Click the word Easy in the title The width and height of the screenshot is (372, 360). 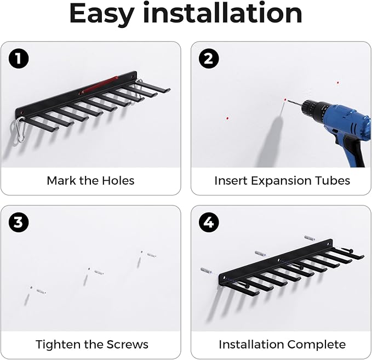pos(102,14)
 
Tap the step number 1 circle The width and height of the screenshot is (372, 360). pos(19,59)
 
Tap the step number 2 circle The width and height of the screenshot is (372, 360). pos(209,59)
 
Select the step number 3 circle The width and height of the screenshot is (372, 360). pos(19,222)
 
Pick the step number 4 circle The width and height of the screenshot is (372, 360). pos(209,222)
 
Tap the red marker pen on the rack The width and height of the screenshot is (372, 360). pos(99,85)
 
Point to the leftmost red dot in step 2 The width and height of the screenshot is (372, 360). pos(227,118)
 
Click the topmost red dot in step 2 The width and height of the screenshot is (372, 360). pos(338,83)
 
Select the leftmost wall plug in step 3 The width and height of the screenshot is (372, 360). pos(41,292)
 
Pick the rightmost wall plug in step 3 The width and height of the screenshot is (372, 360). pos(152,255)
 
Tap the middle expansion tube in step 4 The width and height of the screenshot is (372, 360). pos(260,254)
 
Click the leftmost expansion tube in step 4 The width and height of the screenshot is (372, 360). pos(207,271)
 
